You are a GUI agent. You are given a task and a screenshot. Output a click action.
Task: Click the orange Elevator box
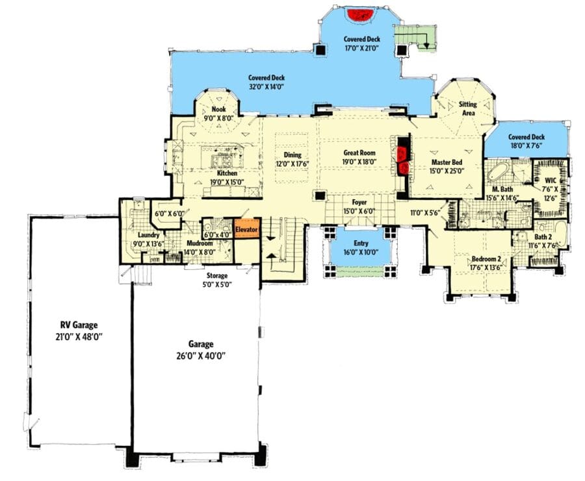click(246, 229)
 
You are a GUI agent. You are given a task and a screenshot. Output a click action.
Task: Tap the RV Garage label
click(79, 325)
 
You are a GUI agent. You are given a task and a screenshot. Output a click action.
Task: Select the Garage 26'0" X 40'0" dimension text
click(201, 356)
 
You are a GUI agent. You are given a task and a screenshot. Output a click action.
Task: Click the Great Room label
click(359, 153)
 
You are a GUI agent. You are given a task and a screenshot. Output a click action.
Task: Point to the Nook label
click(218, 110)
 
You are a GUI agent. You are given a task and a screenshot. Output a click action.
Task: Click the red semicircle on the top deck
click(361, 16)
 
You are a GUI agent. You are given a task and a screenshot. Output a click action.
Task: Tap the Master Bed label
click(447, 162)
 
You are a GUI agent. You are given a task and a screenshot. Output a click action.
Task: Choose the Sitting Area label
click(468, 108)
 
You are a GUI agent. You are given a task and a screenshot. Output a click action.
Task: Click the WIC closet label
click(551, 180)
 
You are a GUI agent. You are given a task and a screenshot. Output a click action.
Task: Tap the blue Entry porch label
click(361, 243)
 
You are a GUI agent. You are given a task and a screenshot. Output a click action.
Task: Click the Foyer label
click(359, 203)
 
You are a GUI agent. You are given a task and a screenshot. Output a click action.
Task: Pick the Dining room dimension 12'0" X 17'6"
click(292, 163)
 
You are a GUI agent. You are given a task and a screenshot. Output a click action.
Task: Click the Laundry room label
click(148, 236)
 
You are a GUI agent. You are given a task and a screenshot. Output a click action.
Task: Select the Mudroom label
click(200, 243)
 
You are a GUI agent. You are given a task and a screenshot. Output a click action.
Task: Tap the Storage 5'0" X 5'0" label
click(217, 280)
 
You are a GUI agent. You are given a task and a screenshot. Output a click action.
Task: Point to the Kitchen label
click(227, 173)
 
